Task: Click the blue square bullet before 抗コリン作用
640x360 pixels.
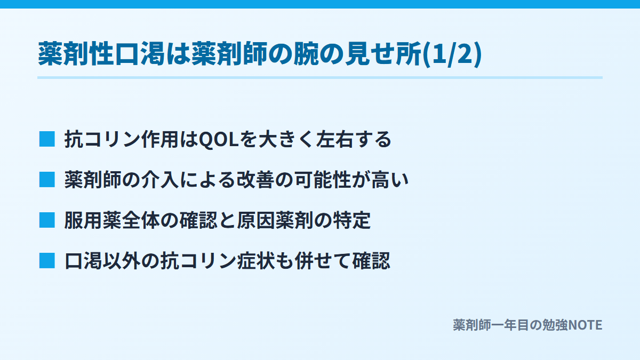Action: (x=47, y=139)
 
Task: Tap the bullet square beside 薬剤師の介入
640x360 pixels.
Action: (x=47, y=180)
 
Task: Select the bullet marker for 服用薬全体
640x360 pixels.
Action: (x=47, y=220)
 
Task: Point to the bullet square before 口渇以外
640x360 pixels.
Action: (x=47, y=261)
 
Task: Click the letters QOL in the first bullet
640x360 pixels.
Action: (x=219, y=140)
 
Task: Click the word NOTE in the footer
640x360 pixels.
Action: (x=585, y=325)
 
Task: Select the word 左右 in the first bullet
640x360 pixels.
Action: (x=334, y=139)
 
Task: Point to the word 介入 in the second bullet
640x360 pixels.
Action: (x=161, y=180)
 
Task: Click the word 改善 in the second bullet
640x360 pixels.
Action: (x=255, y=180)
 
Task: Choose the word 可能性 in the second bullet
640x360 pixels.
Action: (x=323, y=180)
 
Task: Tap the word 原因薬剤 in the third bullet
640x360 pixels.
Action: (x=275, y=221)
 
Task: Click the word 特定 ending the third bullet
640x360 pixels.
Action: (x=351, y=221)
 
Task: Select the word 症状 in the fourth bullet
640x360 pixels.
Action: (x=255, y=261)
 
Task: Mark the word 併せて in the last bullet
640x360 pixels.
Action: (x=323, y=261)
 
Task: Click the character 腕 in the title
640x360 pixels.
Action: (x=307, y=54)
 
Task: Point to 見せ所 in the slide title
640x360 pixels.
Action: (x=383, y=54)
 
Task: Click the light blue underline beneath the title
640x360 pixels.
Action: (x=320, y=77)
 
